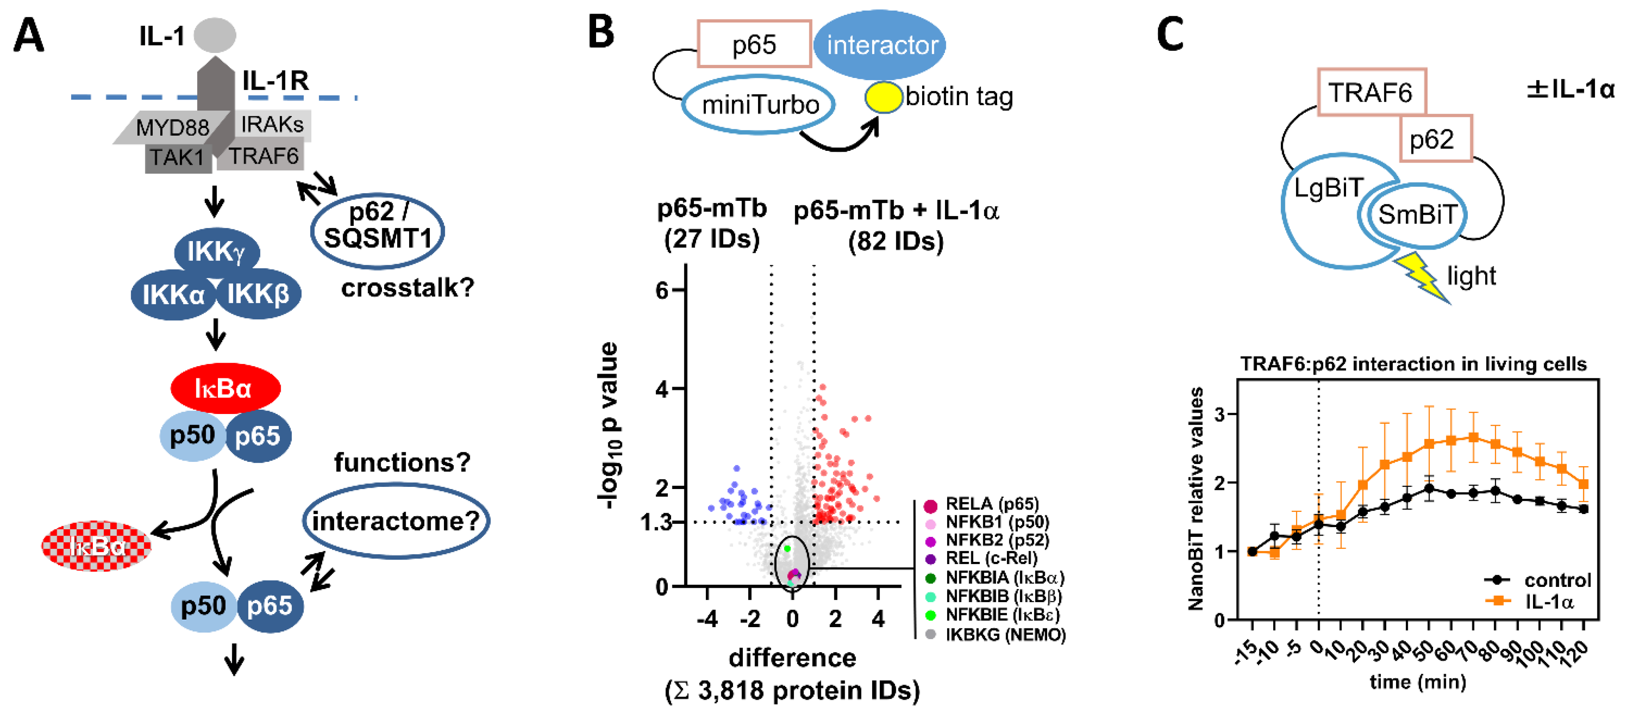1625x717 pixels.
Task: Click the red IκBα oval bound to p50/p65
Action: (225, 388)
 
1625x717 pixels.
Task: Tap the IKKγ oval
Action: (216, 251)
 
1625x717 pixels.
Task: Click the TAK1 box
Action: (177, 156)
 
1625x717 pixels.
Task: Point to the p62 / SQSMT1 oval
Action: (377, 231)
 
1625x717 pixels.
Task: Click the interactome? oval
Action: (396, 521)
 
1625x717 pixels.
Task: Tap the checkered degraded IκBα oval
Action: (96, 546)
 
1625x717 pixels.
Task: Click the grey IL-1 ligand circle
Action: (215, 35)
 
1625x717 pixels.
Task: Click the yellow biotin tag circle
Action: (883, 98)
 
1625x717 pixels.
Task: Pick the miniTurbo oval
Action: (759, 105)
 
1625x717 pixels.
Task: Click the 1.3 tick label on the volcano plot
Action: (656, 522)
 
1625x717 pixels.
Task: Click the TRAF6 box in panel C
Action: (1371, 93)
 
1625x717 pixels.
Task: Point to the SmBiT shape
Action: (1416, 214)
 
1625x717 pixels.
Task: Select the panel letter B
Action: (601, 33)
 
